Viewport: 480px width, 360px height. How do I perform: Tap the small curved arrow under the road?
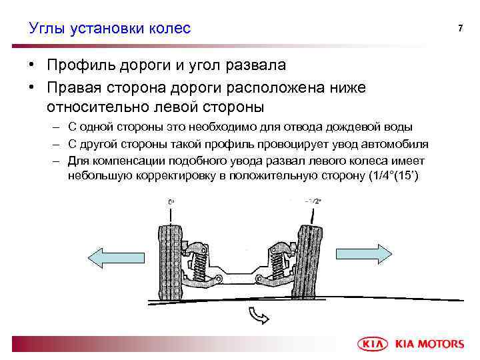tap(257, 315)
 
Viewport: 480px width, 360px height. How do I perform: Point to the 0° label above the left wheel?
tap(171, 201)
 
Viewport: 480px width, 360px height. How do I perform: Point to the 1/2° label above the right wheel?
tap(313, 201)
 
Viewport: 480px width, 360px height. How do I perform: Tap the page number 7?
tap(459, 28)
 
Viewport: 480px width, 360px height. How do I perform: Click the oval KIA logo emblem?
tap(373, 343)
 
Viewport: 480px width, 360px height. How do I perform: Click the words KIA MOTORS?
tap(430, 344)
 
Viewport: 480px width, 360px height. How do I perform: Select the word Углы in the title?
tap(45, 28)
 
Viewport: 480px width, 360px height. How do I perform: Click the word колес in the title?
tap(169, 28)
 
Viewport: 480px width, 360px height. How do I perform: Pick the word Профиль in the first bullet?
tap(85, 65)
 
